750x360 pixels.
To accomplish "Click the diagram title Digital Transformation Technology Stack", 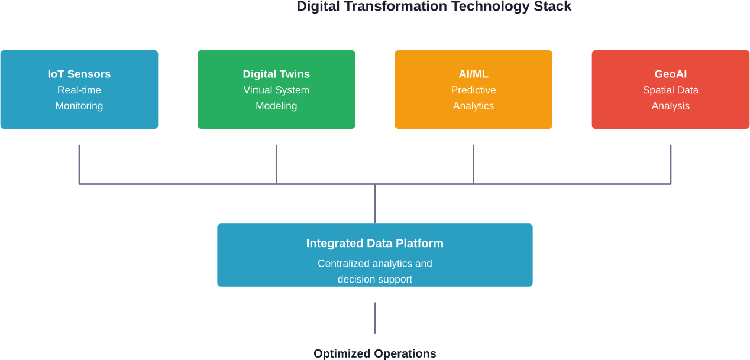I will point(434,7).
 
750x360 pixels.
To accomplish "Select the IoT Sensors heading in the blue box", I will point(79,74).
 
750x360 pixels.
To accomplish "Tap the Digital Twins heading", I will point(276,74).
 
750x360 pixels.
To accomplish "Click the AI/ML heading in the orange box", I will point(473,74).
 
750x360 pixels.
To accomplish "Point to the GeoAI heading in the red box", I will point(670,74).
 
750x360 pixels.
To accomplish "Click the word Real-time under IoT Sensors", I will point(79,90).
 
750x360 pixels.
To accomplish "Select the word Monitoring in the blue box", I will point(79,106).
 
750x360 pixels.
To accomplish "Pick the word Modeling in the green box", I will point(276,106).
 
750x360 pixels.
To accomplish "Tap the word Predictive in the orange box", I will point(473,90).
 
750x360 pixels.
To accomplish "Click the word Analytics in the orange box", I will point(473,106).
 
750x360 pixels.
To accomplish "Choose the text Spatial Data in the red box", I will point(670,90).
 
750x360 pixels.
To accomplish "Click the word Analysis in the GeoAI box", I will point(670,106).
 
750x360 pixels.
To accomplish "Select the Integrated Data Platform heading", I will point(374,244).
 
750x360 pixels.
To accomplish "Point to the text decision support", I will point(374,279).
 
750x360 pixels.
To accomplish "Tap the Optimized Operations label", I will point(374,353).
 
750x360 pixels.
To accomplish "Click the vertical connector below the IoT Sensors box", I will point(79,164).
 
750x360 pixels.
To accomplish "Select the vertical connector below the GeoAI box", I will point(670,164).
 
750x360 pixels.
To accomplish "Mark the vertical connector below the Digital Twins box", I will point(276,164).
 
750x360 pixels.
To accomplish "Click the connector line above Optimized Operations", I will point(375,318).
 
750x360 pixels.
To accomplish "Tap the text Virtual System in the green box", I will point(276,90).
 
